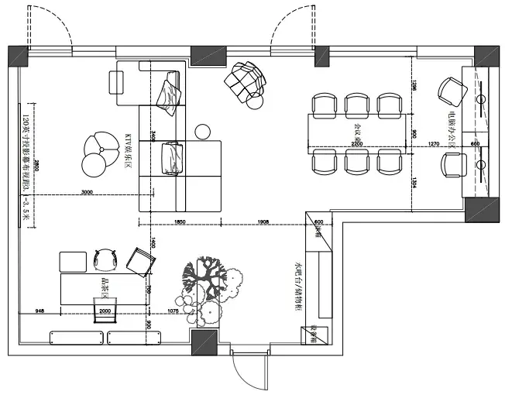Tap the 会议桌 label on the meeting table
(357, 125)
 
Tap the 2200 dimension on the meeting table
(356, 144)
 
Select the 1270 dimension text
(433, 144)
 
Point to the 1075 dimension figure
(174, 311)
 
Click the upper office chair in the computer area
(449, 90)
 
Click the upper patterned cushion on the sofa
(170, 91)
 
